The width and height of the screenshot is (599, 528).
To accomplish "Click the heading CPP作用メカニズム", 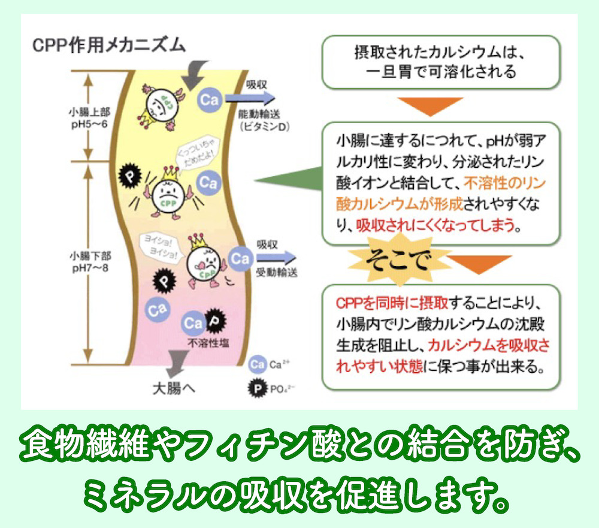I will click(108, 46).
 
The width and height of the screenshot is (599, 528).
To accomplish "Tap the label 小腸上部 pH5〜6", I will click(87, 117).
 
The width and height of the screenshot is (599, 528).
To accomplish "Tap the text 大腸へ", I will click(172, 388).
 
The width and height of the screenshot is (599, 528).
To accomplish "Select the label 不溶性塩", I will click(207, 343).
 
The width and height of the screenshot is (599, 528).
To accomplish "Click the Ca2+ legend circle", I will click(256, 364).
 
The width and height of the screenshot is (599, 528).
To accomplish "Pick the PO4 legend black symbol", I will click(256, 388).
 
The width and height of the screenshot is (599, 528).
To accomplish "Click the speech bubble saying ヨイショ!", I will click(157, 247).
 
